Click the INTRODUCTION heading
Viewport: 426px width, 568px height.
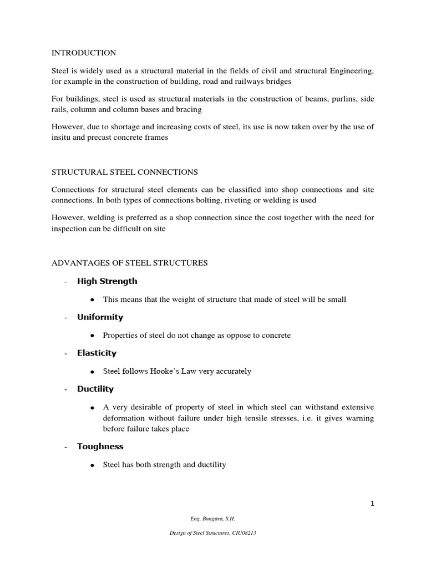(84, 53)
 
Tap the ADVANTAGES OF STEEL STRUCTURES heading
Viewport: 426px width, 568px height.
(130, 263)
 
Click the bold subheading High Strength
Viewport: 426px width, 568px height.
(107, 281)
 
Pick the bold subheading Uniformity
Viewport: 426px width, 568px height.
(100, 317)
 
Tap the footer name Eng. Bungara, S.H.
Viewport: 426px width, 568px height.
(213, 519)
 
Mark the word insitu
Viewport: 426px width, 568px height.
(62, 138)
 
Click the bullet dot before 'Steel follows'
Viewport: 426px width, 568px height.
(92, 371)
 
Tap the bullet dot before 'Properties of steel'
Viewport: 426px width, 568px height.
(92, 336)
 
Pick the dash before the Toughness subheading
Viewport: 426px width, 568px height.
(65, 447)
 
